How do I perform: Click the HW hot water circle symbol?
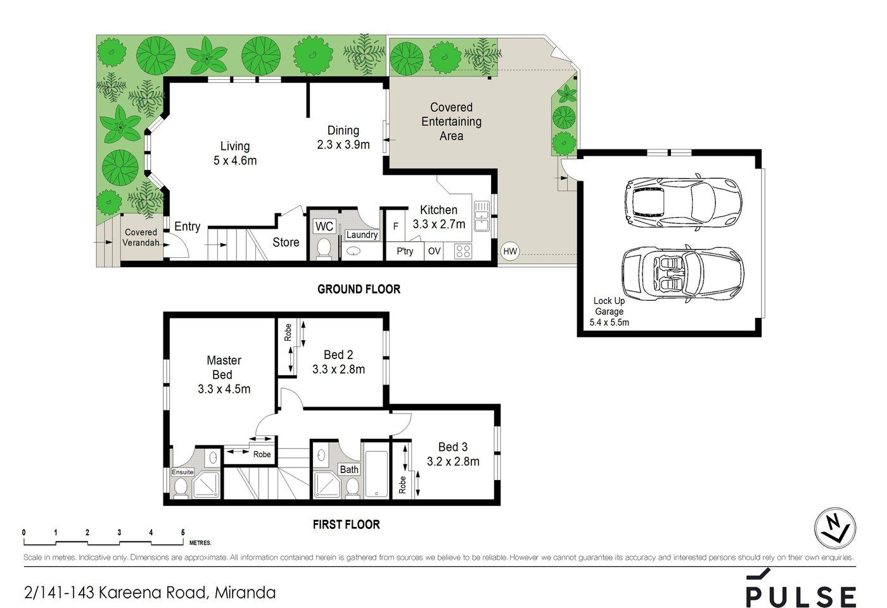[x=510, y=251]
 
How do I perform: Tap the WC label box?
[x=324, y=227]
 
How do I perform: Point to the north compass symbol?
[x=834, y=528]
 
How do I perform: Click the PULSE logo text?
[x=801, y=596]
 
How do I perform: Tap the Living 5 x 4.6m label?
[x=235, y=153]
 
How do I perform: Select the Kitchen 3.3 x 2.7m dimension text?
[x=438, y=224]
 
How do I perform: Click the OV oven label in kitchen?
[x=434, y=251]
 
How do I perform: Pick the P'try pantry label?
[x=405, y=251]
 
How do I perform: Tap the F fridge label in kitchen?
[x=395, y=227]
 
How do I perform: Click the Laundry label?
[x=362, y=235]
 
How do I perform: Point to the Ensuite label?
[x=183, y=472]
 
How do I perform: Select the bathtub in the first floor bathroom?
[x=376, y=473]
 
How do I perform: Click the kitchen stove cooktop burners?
[x=463, y=251]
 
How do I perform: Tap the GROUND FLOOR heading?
[x=359, y=289]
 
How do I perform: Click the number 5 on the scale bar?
[x=183, y=533]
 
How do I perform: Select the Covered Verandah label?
[x=141, y=237]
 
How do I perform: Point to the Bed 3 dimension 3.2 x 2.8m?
[x=453, y=462]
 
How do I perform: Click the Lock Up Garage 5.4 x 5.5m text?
[x=609, y=312]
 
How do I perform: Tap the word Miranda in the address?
[x=245, y=593]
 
